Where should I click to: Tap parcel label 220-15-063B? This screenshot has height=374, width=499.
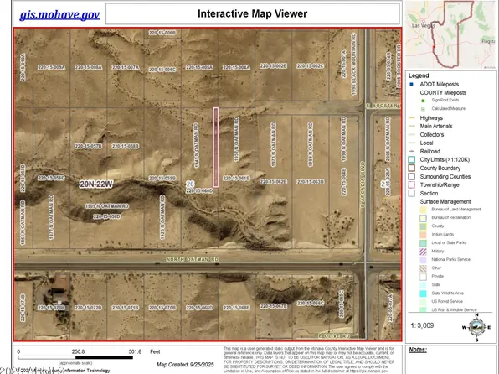[x=310, y=181]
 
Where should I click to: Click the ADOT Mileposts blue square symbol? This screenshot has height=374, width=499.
[x=413, y=83]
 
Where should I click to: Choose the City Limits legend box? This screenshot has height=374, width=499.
[x=413, y=159]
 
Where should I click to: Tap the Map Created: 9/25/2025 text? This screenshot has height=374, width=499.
[x=188, y=364]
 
